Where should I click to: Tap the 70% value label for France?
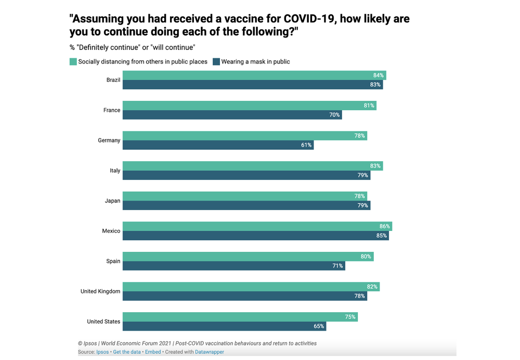334,115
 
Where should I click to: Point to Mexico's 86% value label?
385,226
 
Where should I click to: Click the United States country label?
103,322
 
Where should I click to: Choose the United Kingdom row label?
100,291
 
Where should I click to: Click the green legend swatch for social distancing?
73,61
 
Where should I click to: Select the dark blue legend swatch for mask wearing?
216,61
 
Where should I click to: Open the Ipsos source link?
102,352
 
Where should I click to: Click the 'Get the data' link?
127,352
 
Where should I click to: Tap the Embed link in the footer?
153,352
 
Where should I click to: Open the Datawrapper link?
210,352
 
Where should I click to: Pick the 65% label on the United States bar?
319,326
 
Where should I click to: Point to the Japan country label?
112,201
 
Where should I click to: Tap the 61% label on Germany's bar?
306,145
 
